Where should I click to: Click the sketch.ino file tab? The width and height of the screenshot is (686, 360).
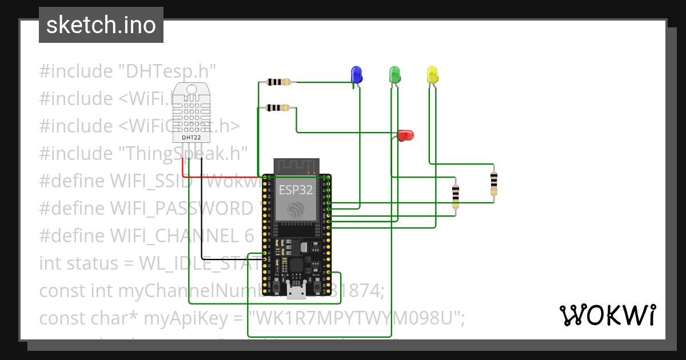pos(101,25)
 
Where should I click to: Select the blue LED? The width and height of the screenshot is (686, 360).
pos(356,74)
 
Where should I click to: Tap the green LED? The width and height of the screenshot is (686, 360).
pos(394,74)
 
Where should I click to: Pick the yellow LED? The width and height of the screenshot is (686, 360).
pos(432,74)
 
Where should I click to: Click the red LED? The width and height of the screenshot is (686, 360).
pos(405,135)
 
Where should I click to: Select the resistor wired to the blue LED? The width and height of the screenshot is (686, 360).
pos(278,82)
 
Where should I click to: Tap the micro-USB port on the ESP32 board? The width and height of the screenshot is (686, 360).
pos(296,292)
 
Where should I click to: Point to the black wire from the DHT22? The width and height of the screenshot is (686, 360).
pos(201,229)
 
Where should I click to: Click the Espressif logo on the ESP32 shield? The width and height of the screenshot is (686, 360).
pos(296,210)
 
